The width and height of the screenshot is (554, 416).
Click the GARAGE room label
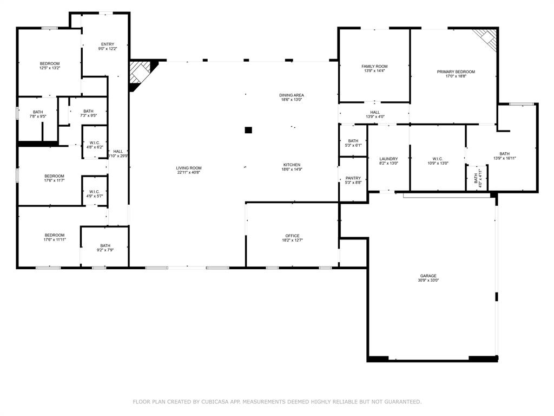coord(427,276)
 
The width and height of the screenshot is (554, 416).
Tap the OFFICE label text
coord(292,236)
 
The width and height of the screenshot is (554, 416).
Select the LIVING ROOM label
coord(188,168)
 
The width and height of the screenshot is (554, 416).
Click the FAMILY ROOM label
coord(374,66)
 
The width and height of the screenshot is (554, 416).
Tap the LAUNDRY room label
coord(388,159)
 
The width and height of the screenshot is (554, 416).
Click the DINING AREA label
coord(292,95)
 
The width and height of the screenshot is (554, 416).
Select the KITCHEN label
coord(292,165)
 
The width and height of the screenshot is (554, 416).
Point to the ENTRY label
coord(108,44)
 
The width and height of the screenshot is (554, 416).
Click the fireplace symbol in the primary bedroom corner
coord(485,39)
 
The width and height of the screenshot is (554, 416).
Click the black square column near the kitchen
coord(248,130)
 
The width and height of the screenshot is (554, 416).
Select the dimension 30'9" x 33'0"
coord(427,281)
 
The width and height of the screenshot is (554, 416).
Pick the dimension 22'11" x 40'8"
coord(188,173)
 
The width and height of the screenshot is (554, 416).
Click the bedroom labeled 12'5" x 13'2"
coord(49,66)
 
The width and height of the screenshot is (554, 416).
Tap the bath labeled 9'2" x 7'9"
coord(105,248)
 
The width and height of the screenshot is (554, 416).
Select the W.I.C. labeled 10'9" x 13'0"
coord(438,161)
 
